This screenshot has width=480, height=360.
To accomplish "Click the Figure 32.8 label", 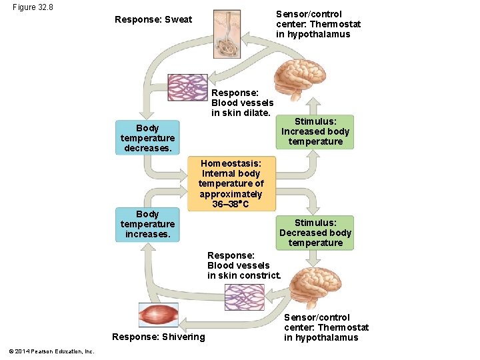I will tap(33, 7).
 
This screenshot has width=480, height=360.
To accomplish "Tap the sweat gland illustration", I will tap(227, 33).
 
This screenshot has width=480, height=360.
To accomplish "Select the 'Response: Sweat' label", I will tap(153, 19).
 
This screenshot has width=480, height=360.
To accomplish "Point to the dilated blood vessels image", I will tap(187, 87).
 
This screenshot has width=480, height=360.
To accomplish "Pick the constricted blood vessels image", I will tap(244, 297).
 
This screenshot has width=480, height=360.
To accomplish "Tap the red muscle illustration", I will tap(158, 315).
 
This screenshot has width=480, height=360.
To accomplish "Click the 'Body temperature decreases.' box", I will tap(147, 138).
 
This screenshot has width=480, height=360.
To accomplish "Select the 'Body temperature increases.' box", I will tap(147, 225).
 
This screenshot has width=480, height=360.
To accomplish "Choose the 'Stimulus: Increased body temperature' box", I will tap(315, 132).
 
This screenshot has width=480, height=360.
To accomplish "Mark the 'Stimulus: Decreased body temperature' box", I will tap(315, 233).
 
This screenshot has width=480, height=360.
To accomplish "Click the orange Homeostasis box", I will tap(231, 183).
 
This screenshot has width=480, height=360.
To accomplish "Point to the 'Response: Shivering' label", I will tap(159, 337).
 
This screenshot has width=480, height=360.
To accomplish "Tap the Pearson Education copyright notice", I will tap(52, 351).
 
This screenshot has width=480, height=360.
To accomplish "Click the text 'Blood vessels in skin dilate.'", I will tap(242, 108).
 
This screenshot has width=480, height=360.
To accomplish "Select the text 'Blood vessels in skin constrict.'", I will tap(243, 271).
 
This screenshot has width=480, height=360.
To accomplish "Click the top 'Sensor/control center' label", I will tap(318, 24).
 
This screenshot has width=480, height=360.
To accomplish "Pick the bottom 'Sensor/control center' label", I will tap(326, 327).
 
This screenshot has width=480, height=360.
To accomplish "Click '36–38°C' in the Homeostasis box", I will tap(231, 204).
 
